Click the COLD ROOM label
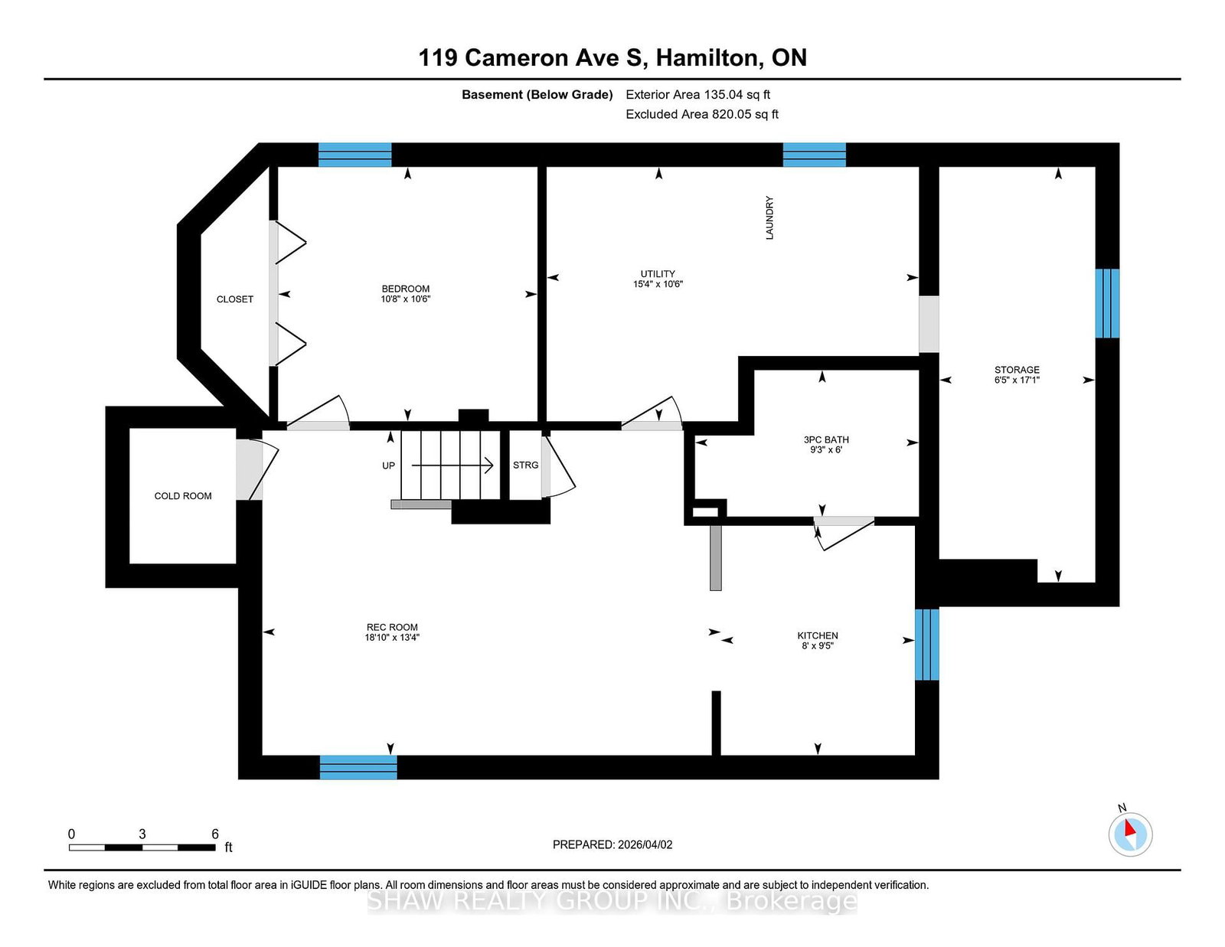183,496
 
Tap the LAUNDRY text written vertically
769,217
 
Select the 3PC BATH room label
826,439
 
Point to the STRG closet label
525,465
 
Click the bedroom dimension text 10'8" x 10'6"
405,299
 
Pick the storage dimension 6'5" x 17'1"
1017,380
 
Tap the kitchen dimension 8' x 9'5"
818,646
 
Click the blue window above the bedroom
355,155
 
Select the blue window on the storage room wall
1107,303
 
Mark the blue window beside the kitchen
926,645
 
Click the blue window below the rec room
358,767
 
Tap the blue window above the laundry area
815,155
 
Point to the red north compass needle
1130,828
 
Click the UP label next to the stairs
388,465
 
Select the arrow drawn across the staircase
452,465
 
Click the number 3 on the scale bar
142,834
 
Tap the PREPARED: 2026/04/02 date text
612,844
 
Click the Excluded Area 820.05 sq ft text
702,114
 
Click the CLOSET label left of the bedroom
234,299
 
